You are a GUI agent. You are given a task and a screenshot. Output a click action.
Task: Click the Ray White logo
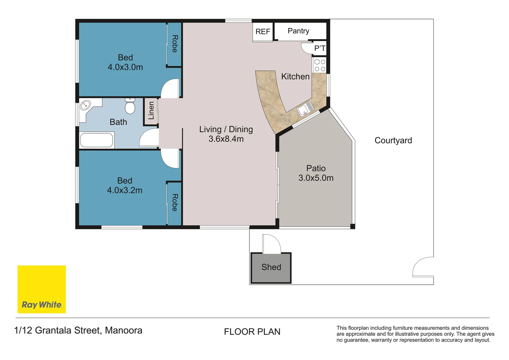click(x=42, y=289)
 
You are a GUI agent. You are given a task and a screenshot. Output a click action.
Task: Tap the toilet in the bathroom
click(x=130, y=106)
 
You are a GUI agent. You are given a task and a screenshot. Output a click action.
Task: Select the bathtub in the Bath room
click(x=97, y=140)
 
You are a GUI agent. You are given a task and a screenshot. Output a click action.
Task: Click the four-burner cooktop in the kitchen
click(x=320, y=65)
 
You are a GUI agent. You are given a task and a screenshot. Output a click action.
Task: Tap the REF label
click(x=263, y=32)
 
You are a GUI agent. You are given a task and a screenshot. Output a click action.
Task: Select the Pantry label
click(x=298, y=31)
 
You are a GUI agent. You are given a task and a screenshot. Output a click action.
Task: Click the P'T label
click(x=320, y=48)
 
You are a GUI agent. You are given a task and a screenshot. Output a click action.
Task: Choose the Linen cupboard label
click(x=151, y=111)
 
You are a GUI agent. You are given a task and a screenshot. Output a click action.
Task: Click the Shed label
click(x=271, y=267)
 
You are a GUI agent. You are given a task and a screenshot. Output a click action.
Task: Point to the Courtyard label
click(x=393, y=140)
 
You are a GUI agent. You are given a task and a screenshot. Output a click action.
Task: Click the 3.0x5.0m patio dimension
click(x=316, y=178)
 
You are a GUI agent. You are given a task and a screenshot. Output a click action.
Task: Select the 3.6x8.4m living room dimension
click(x=226, y=139)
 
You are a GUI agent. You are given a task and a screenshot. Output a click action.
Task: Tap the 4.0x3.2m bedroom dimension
click(x=125, y=190)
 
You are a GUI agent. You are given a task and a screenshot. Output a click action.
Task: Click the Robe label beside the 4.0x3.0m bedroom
click(x=175, y=44)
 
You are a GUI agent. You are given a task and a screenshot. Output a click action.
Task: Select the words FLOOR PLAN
click(x=252, y=332)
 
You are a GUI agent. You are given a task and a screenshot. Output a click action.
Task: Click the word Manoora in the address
click(x=124, y=330)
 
